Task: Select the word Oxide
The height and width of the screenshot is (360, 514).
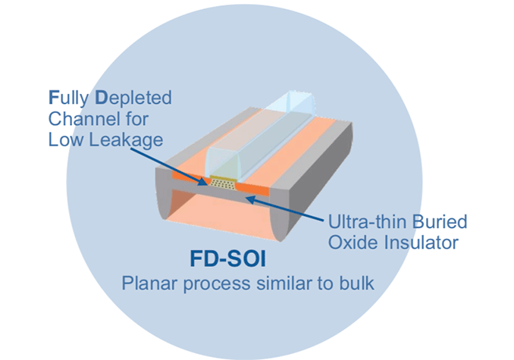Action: pyautogui.click(x=349, y=243)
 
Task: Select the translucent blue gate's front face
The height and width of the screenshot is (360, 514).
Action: pyautogui.click(x=219, y=164)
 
